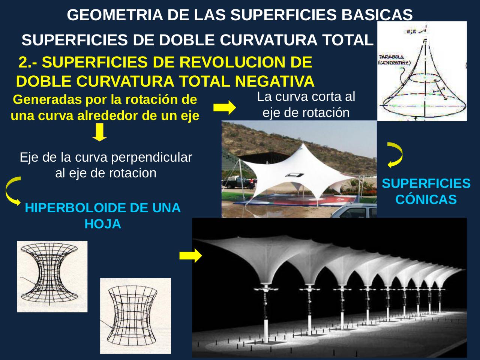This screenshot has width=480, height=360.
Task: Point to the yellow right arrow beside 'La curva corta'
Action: pyautogui.click(x=224, y=108)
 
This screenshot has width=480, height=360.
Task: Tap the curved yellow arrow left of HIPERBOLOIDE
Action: pyautogui.click(x=12, y=191)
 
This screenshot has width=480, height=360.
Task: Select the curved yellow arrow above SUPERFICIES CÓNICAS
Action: pyautogui.click(x=395, y=154)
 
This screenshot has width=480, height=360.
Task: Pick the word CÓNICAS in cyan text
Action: pyautogui.click(x=426, y=199)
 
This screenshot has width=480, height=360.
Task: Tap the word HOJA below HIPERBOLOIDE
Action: pyautogui.click(x=103, y=224)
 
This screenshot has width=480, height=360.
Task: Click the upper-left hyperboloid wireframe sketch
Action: pyautogui.click(x=52, y=276)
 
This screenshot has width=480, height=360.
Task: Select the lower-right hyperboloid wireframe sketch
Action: pyautogui.click(x=135, y=316)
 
